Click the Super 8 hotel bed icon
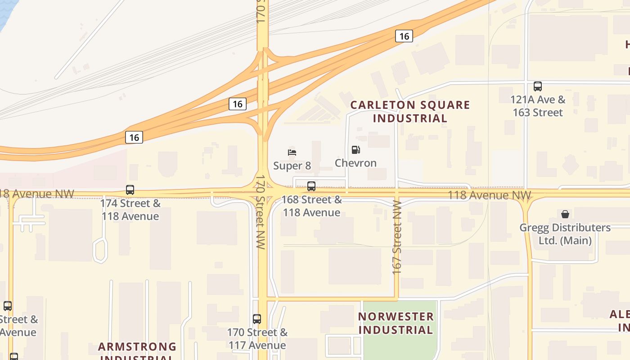point(292,153)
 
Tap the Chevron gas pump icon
point(355,150)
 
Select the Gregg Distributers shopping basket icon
point(565,214)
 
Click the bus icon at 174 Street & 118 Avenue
point(130,190)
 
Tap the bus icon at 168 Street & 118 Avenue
point(311,186)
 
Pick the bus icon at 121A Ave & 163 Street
point(537,86)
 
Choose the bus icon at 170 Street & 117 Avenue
point(256,319)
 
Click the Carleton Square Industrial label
point(410,112)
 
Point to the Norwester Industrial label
point(396,323)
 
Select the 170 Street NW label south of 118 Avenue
point(261,211)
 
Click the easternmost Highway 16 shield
point(404,36)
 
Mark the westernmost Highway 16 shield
point(134,137)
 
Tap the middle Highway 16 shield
point(238,104)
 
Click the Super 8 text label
point(292,166)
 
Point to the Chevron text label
point(355,163)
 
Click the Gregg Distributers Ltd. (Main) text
point(565,234)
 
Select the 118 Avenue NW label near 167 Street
point(490,195)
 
